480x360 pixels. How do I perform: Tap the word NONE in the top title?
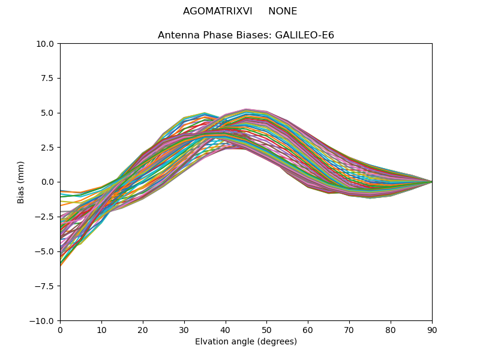(283, 11)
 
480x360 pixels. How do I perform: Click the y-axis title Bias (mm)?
(21, 182)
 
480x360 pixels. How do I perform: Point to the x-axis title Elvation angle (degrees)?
(246, 341)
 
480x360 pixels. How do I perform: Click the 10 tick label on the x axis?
(101, 330)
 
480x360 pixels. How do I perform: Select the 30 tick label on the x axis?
(184, 330)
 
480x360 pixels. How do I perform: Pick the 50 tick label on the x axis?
(266, 330)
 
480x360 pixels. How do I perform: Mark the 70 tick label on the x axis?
(349, 330)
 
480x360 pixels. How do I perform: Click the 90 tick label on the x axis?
(432, 330)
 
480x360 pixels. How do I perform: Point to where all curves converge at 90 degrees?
(431, 182)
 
